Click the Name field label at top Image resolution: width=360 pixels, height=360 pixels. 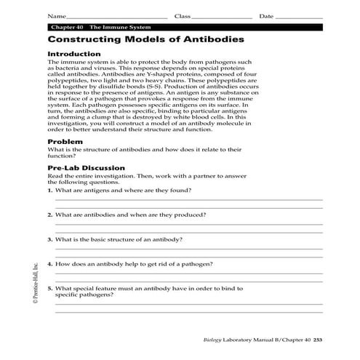(54, 15)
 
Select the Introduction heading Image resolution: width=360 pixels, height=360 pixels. (73, 55)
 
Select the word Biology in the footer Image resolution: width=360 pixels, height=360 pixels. (215, 340)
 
